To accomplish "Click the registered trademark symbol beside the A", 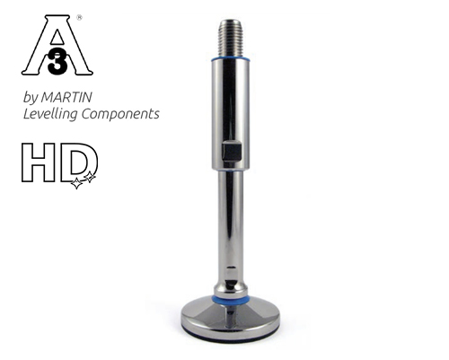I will [81, 16].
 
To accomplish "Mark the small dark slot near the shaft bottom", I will [231, 268].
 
